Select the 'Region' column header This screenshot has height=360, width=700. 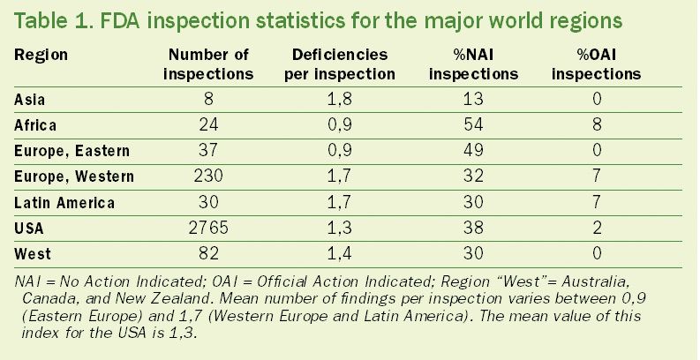tap(41, 55)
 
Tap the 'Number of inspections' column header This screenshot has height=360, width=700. tap(208, 64)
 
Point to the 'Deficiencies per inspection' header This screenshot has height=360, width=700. tap(340, 64)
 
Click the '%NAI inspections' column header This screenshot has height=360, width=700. tap(473, 64)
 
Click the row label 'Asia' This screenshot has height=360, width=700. tap(31, 100)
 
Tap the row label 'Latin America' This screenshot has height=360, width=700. tap(64, 202)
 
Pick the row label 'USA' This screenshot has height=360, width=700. tap(30, 228)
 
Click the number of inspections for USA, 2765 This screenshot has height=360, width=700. tap(208, 228)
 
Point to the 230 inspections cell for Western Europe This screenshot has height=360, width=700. tap(208, 176)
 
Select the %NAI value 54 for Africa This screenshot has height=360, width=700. tap(473, 125)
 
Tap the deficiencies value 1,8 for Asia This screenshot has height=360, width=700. tap(340, 100)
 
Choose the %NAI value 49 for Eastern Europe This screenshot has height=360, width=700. tap(473, 151)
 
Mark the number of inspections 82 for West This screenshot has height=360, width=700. tap(208, 253)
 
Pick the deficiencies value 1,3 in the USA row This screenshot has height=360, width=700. tap(340, 228)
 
